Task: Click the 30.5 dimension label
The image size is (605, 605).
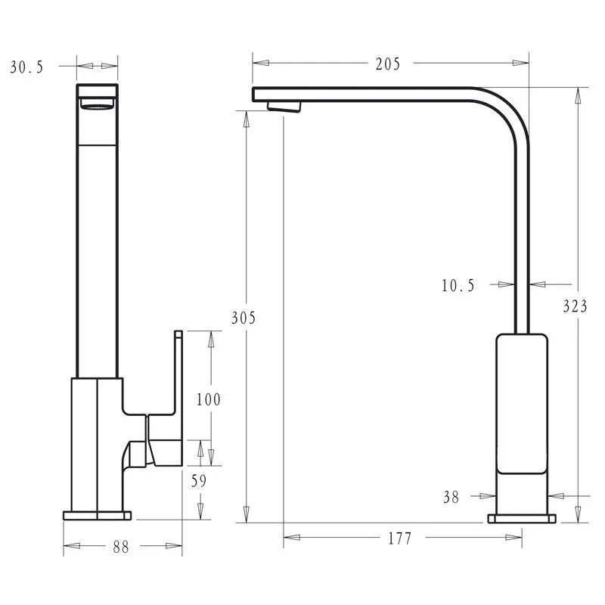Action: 27,67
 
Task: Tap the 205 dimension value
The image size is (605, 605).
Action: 387,64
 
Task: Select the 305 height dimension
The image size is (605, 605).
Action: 243,318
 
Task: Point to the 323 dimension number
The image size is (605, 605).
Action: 576,306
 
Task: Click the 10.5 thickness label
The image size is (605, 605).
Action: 458,285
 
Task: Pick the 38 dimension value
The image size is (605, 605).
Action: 451,497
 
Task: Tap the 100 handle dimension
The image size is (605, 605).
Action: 208,399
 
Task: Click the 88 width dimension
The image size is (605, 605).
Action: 121,547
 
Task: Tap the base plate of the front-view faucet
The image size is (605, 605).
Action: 97,516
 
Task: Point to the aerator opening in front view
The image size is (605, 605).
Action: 98,104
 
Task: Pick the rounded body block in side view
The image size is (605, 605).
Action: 522,401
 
